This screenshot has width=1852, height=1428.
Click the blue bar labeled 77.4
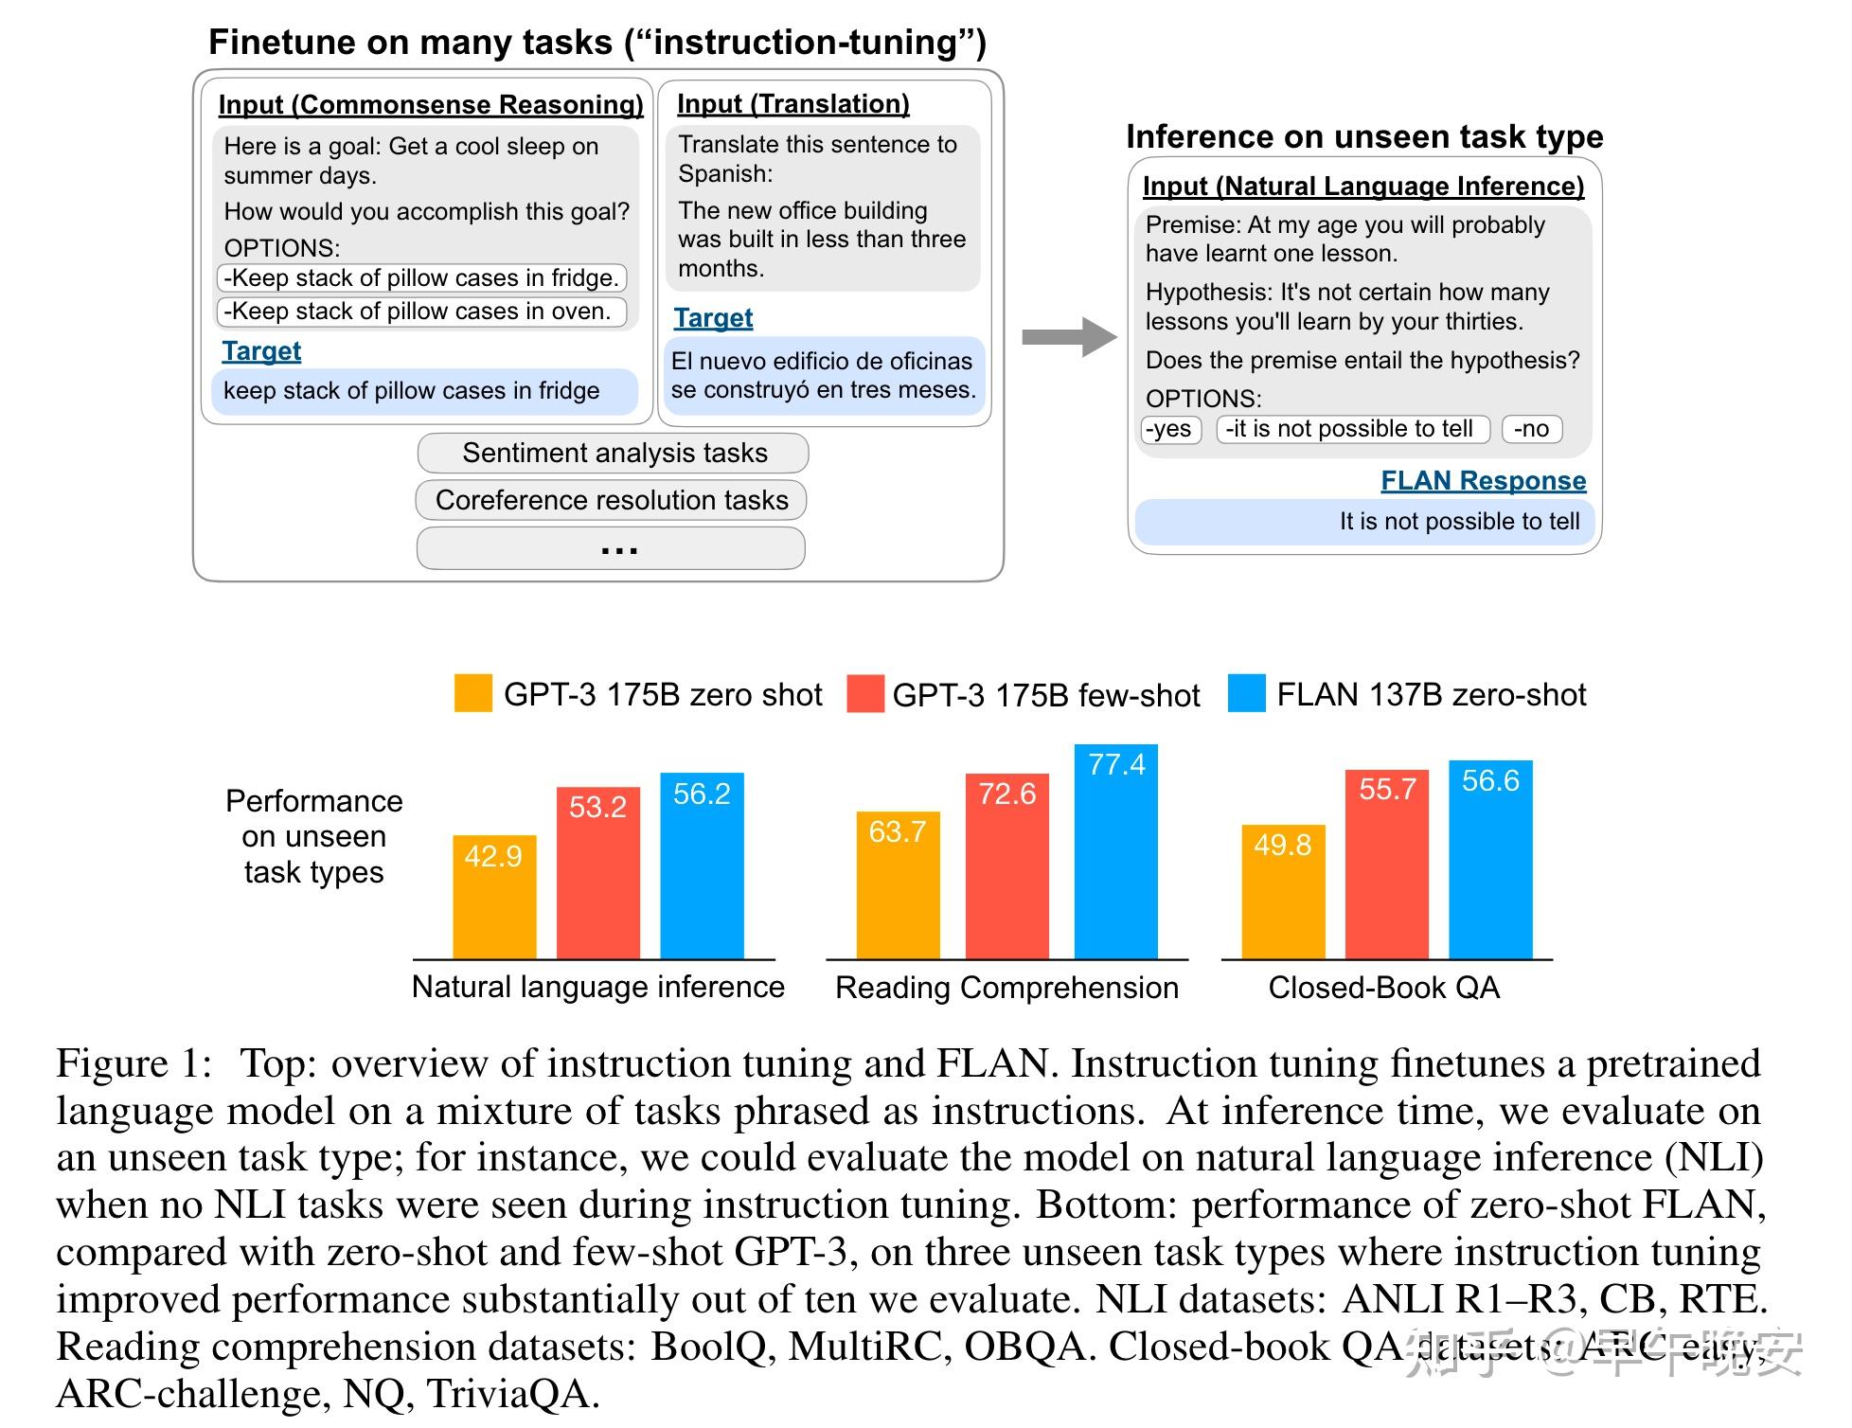point(1115,852)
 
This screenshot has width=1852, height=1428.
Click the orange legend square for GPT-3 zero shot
point(472,693)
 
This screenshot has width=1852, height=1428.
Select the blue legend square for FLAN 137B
point(1246,693)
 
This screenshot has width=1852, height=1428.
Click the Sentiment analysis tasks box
point(614,453)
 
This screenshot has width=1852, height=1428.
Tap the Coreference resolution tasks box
point(611,500)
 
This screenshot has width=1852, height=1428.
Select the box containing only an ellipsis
point(611,548)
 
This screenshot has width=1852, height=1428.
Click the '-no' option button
point(1531,429)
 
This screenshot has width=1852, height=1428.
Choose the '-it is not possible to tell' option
point(1352,429)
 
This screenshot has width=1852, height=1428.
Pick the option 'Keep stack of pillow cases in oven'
point(421,312)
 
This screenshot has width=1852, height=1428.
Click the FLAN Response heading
point(1483,481)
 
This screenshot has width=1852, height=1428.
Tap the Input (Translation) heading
point(792,103)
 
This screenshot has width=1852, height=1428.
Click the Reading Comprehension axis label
point(1006,988)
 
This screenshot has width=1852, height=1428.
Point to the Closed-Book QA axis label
point(1383,988)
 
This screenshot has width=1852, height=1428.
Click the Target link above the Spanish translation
point(713,318)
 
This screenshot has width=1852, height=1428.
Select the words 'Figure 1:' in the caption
point(134,1063)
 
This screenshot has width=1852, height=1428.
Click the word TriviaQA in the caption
point(511,1394)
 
